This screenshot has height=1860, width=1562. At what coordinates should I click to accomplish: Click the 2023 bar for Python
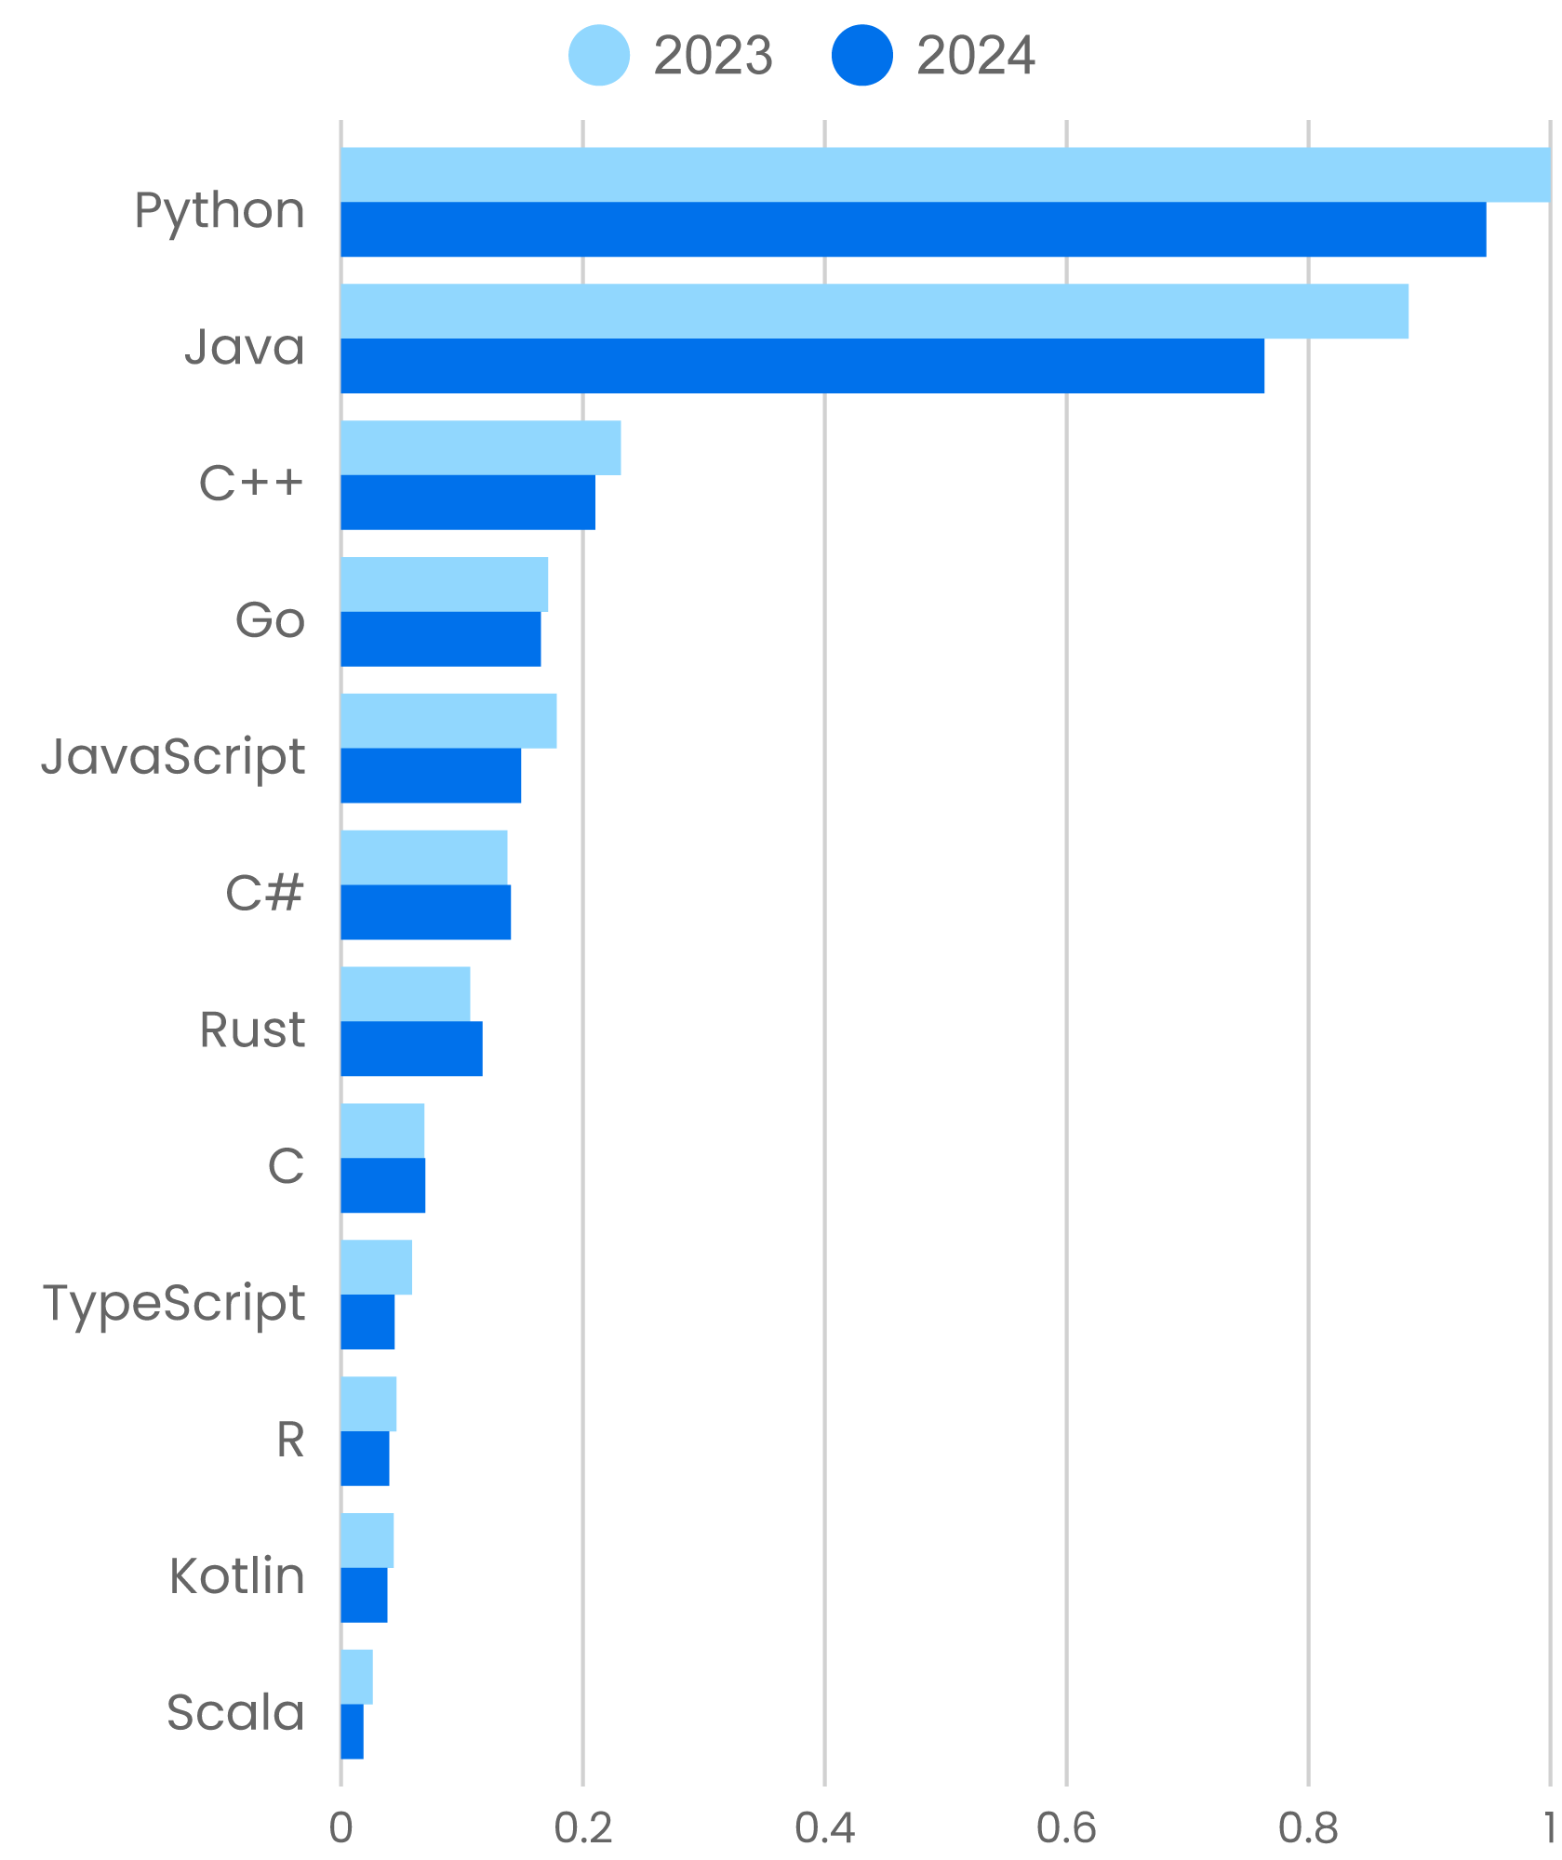pos(944,175)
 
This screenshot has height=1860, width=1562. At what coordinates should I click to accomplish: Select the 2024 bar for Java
pos(802,365)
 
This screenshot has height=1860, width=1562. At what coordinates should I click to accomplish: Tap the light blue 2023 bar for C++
pos(480,447)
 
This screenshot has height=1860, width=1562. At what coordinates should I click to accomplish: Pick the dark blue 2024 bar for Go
pos(440,639)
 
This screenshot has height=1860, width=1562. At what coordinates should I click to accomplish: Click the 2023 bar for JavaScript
pos(448,721)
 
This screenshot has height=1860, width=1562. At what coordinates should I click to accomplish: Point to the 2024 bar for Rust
pos(411,1049)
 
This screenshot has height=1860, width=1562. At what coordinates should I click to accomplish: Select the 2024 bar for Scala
pos(352,1732)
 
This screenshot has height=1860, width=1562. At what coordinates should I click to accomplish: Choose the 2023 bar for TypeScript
pos(376,1267)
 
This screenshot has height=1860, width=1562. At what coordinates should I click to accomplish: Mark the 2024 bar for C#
pos(425,912)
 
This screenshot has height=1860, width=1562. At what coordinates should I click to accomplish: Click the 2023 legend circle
pos(598,56)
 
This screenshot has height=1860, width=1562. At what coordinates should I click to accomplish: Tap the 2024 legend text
pos(975,56)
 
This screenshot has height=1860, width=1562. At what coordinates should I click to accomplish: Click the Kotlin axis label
pos(237,1576)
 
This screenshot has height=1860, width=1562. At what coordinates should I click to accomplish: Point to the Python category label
pos(220,211)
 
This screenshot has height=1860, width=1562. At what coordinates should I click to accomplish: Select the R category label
pos(290,1440)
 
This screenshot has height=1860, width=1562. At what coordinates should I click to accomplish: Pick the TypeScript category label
pos(174,1304)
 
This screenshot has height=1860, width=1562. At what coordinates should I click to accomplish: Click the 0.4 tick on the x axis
pos(824,1828)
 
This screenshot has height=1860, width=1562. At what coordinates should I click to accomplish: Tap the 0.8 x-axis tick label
pos(1308,1828)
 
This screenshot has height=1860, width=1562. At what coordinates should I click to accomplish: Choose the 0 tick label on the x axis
pos(340,1828)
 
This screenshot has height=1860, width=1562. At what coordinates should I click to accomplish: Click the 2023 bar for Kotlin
pos(367,1540)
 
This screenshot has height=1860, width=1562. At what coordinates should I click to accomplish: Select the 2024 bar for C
pos(382,1186)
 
